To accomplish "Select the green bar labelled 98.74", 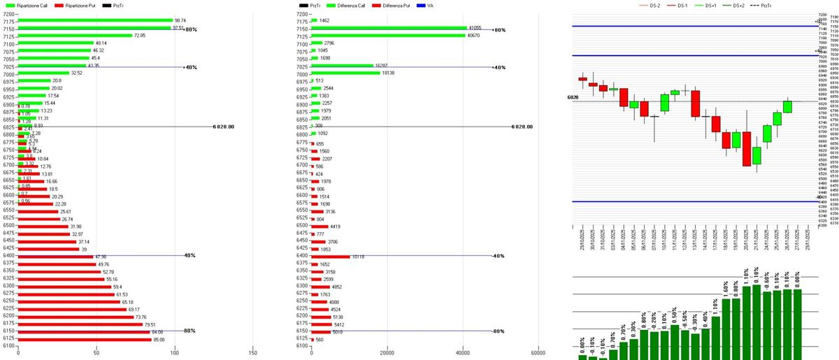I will coord(95,21).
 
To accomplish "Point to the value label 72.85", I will coord(141,36).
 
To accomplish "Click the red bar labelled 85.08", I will coord(84,339).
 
